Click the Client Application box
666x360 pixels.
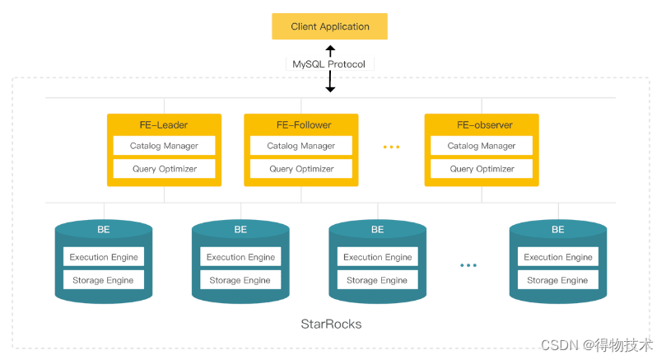[x=329, y=26]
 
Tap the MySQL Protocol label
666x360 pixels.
[x=330, y=64]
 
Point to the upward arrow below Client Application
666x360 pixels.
[x=330, y=50]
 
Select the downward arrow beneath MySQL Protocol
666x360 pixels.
[x=330, y=82]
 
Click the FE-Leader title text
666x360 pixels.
[x=163, y=125]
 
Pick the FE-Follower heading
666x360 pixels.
[x=301, y=125]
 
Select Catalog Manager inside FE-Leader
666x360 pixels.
[x=164, y=146]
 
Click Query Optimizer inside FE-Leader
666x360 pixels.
[x=164, y=169]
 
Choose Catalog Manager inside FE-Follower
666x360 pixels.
[x=301, y=146]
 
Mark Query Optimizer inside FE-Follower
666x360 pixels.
[x=301, y=169]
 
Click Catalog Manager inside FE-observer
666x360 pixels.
[x=482, y=146]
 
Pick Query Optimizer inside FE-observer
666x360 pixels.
[x=482, y=169]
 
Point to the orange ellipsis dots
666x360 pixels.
[x=391, y=147]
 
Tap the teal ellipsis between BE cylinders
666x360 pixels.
[x=468, y=265]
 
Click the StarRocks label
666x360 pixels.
[x=331, y=324]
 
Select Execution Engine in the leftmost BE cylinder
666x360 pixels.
[x=104, y=257]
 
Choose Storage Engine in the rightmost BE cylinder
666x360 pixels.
[x=557, y=280]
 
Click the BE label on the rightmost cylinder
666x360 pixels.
[x=558, y=230]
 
